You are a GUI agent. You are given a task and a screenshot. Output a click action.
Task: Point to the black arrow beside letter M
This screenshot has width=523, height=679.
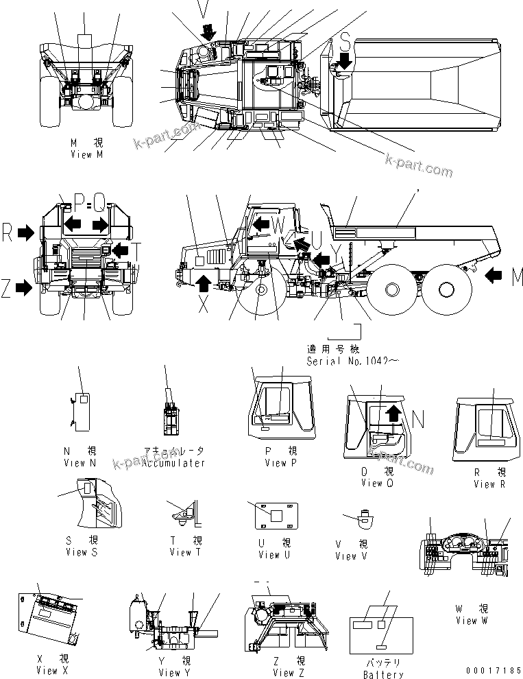(496, 276)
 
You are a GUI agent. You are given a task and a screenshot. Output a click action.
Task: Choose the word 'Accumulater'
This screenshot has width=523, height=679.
(173, 463)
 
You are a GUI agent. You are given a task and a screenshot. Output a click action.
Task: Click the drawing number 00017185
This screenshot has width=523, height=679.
(491, 669)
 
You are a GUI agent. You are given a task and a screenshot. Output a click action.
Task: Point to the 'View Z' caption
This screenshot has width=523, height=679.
(288, 672)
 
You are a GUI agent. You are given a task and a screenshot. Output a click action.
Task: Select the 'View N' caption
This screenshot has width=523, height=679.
(80, 463)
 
